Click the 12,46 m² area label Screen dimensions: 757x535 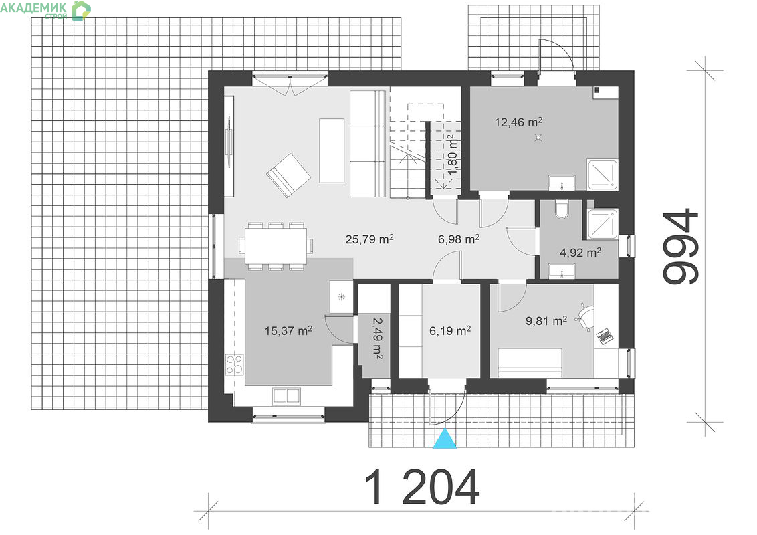[518, 122]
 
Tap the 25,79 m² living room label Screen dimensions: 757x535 [369, 239]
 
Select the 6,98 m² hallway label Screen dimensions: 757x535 [459, 239]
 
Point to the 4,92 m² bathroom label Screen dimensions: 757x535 [580, 252]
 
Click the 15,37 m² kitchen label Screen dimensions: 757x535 [288, 331]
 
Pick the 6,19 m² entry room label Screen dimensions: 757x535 [450, 331]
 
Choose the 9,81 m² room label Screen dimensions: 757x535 [546, 320]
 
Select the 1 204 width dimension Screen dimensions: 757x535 [423, 486]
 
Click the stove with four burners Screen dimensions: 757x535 [235, 364]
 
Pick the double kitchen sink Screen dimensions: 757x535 [286, 395]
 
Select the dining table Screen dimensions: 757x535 [276, 246]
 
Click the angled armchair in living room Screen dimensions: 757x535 [288, 175]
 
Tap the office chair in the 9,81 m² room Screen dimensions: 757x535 [585, 317]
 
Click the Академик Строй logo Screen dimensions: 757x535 [45, 10]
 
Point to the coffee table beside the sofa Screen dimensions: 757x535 [332, 150]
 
